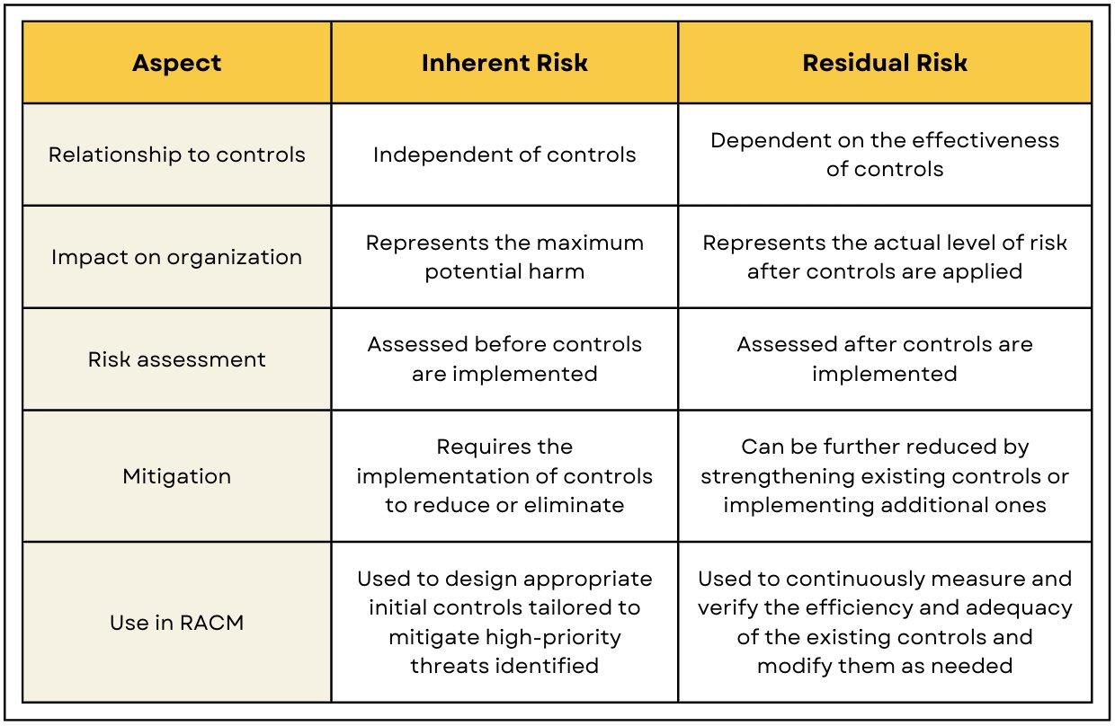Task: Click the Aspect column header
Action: tap(177, 63)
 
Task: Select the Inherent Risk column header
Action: tap(504, 63)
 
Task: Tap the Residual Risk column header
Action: tap(885, 63)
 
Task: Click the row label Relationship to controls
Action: tap(177, 155)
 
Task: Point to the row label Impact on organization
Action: tap(177, 258)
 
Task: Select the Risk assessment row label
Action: tap(177, 359)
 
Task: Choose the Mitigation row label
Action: tap(177, 476)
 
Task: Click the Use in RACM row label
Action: tap(177, 623)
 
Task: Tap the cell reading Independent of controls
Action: tap(504, 155)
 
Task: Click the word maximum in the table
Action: tap(590, 243)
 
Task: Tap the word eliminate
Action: tap(574, 505)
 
